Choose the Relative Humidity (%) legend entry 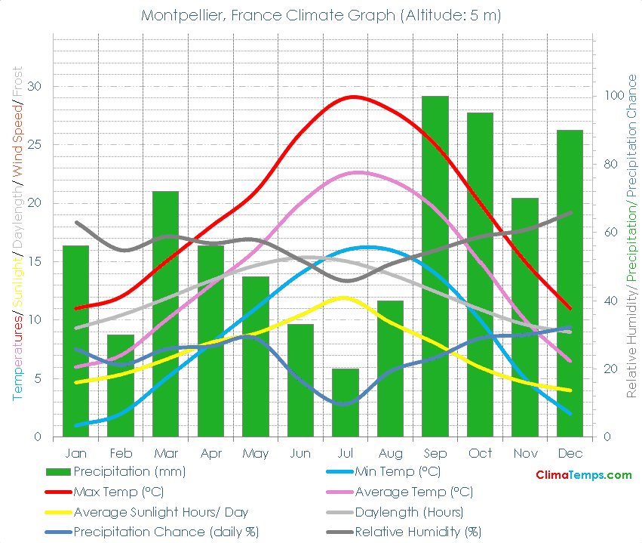[x=417, y=532]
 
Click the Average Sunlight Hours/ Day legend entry [x=161, y=512]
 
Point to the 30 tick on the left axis [x=34, y=87]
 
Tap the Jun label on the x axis [x=300, y=453]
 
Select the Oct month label [x=480, y=453]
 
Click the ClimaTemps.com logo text [x=583, y=475]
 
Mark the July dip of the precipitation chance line [x=344, y=404]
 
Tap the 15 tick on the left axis [x=34, y=261]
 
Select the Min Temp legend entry [x=407, y=472]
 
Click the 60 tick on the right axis [x=610, y=233]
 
